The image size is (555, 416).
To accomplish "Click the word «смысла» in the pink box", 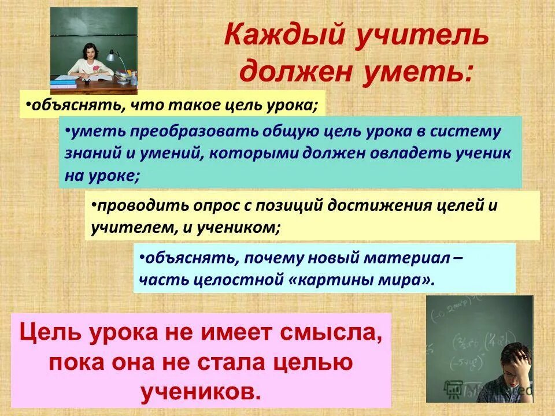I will (x=325, y=334).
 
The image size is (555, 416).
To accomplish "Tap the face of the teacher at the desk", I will (x=90, y=53).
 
